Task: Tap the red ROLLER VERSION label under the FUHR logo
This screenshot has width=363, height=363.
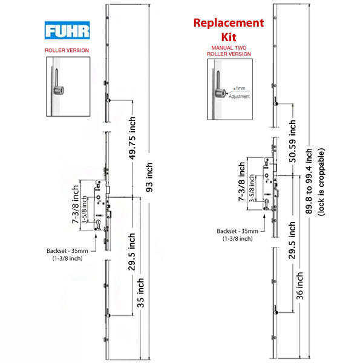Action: click(67, 51)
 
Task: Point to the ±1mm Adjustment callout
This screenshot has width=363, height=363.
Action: click(240, 93)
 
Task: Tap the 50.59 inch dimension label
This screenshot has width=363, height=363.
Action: click(292, 143)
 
